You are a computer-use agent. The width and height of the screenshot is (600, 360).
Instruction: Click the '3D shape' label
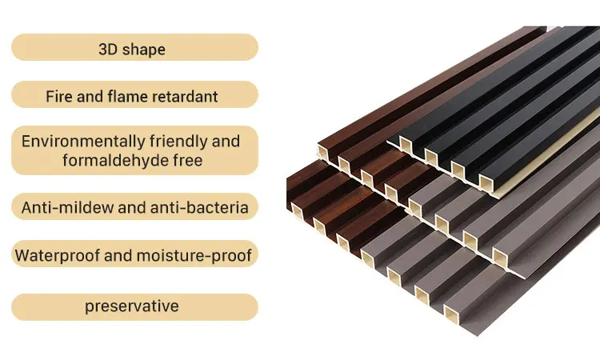click(132, 49)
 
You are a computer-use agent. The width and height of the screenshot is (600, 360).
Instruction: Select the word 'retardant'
click(186, 97)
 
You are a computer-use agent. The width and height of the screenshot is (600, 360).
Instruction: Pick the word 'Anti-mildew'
click(63, 208)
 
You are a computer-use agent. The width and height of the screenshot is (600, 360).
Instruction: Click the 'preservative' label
click(132, 306)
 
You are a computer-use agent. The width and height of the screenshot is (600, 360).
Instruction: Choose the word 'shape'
click(144, 49)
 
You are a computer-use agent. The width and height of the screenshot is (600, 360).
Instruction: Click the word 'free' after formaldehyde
click(186, 160)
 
